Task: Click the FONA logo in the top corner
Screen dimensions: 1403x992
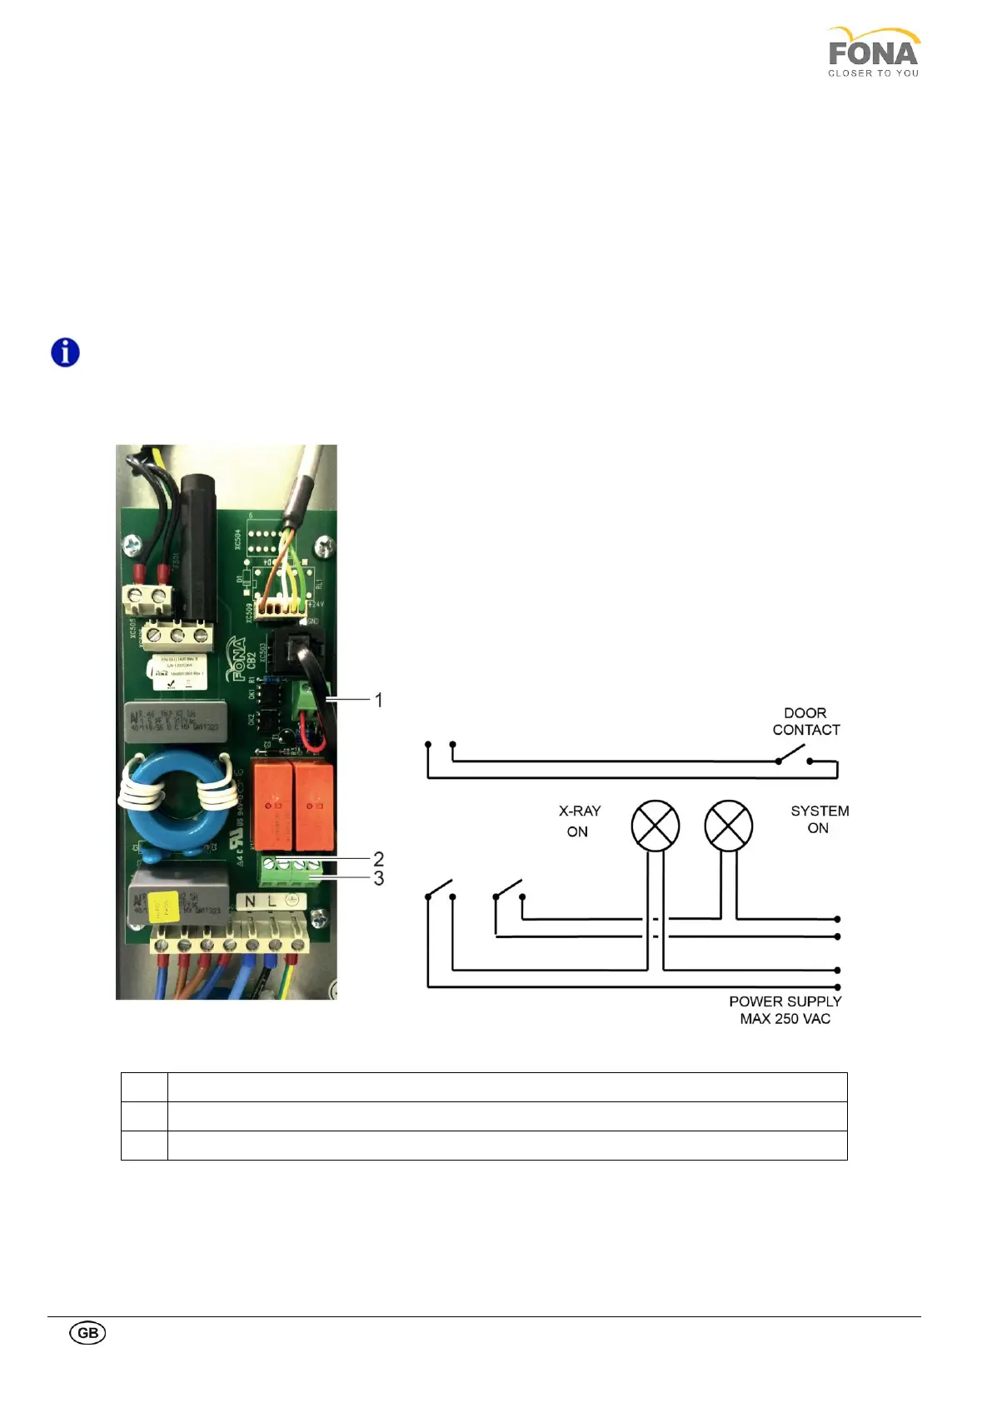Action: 873,52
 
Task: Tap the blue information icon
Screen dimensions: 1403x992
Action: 65,352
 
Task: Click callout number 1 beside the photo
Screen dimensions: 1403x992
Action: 379,700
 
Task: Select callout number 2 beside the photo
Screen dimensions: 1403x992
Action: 379,858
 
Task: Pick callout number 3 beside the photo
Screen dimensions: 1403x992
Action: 379,878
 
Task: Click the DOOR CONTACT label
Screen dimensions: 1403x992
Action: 805,721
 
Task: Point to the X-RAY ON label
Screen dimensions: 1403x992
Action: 579,821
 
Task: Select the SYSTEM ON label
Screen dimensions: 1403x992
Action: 820,819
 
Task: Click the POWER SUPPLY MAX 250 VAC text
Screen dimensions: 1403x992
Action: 785,1010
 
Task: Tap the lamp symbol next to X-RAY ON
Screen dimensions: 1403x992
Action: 656,826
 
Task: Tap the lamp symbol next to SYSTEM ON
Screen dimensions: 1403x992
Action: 728,826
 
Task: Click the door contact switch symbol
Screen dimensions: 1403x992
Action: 794,756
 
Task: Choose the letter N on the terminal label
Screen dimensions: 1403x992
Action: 251,901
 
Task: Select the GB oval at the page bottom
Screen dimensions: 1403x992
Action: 87,1332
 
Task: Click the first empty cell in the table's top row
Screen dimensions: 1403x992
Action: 144,1087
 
